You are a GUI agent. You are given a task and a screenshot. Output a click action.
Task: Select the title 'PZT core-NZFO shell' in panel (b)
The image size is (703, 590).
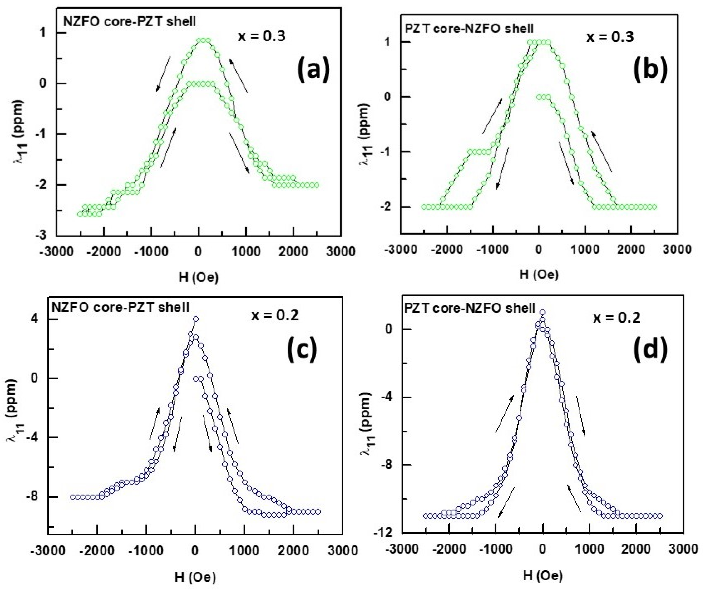click(469, 29)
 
